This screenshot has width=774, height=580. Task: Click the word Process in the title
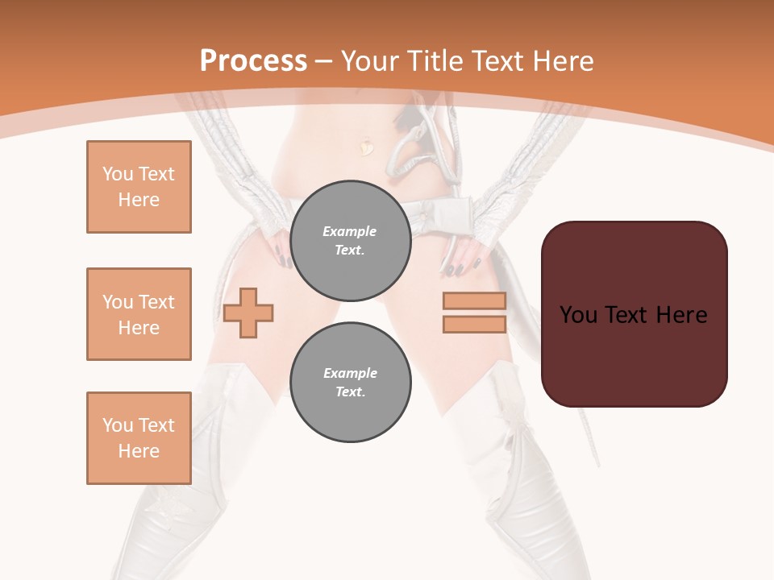[253, 61]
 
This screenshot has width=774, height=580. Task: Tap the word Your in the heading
[370, 61]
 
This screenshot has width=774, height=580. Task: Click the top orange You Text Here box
[139, 187]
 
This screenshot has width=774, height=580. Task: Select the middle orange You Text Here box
[139, 314]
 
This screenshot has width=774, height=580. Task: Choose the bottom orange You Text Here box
[139, 438]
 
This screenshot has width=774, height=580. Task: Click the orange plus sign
[248, 313]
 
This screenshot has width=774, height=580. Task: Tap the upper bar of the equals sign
[474, 300]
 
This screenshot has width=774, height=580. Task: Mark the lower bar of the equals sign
[474, 324]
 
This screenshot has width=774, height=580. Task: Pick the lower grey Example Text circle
[350, 383]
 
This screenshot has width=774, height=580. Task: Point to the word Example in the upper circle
[350, 231]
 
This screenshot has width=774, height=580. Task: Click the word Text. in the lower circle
[350, 392]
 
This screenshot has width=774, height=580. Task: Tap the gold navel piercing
[367, 147]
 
